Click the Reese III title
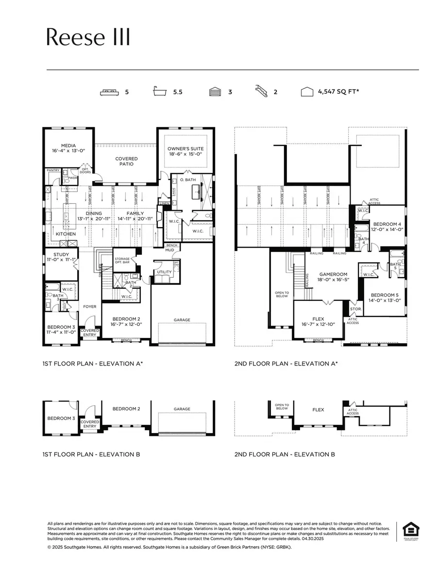(88, 37)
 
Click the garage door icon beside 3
(215, 92)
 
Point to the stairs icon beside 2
(262, 91)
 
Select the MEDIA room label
(68, 145)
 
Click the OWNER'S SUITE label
(185, 149)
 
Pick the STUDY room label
(61, 254)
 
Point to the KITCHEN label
(66, 234)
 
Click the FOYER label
(89, 306)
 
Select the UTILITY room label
(164, 272)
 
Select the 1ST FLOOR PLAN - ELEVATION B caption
(91, 454)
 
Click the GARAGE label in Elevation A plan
(182, 320)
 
